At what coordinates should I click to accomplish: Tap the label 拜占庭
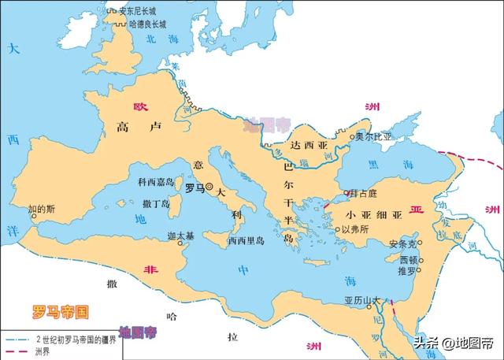[x=365, y=194]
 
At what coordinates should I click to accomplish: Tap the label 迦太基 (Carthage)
[x=182, y=236]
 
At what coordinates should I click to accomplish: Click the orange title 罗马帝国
[x=60, y=310]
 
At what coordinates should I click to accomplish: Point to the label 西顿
[x=408, y=258]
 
